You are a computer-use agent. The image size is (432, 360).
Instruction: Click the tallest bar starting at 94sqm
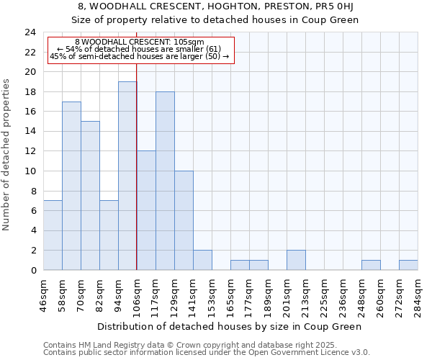coord(127,176)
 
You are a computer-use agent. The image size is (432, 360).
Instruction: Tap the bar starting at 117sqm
coord(165,181)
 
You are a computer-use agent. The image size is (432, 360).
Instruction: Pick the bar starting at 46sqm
coord(53,235)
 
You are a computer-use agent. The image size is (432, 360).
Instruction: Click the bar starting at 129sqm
coord(184,220)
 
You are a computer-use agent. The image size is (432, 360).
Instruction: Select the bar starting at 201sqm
coord(296,260)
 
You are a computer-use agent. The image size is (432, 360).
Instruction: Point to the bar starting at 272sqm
coord(408,265)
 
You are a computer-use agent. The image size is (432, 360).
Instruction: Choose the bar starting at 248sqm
coord(371,265)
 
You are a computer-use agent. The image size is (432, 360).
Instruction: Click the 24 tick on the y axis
coord(30,32)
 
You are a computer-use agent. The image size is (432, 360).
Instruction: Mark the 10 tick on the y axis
coord(30,171)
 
